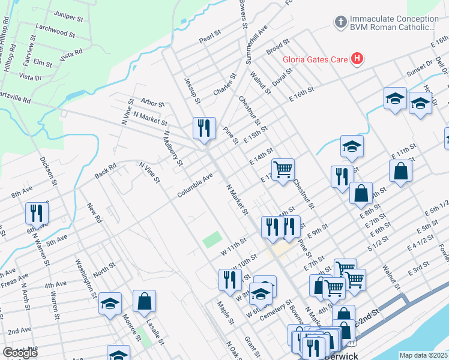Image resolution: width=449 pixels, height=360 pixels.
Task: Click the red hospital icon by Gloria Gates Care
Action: point(357,59)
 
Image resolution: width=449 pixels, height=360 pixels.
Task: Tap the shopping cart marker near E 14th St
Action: point(282,169)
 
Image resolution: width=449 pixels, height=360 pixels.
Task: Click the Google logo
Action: point(20,353)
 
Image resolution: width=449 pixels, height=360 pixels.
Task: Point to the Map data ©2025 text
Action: point(423,355)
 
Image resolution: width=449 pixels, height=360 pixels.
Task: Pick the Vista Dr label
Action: point(30,77)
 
